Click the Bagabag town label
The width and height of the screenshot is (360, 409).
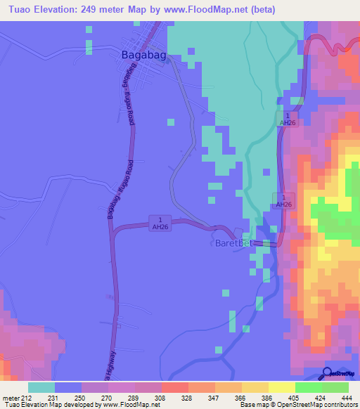[143, 53]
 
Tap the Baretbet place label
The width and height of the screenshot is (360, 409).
[231, 244]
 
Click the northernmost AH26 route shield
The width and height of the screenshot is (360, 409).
[286, 119]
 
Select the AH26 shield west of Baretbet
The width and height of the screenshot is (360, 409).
[160, 223]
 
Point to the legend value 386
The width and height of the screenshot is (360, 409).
[256, 397]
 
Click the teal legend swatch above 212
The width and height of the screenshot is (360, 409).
[41, 387]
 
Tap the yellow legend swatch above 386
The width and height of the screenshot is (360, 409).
[255, 387]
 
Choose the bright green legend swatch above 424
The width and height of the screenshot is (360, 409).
[308, 387]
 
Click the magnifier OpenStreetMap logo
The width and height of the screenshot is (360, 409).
[328, 374]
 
